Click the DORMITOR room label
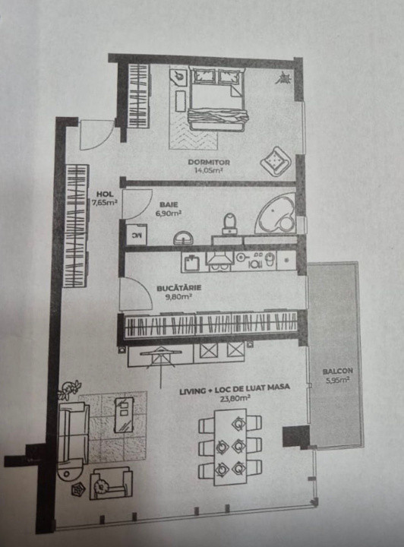pyautogui.click(x=209, y=163)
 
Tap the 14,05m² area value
pyautogui.click(x=208, y=171)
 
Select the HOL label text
pyautogui.click(x=103, y=194)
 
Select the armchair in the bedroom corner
pyautogui.click(x=273, y=160)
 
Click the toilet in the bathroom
pyautogui.click(x=229, y=222)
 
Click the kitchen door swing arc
pyautogui.click(x=137, y=293)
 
